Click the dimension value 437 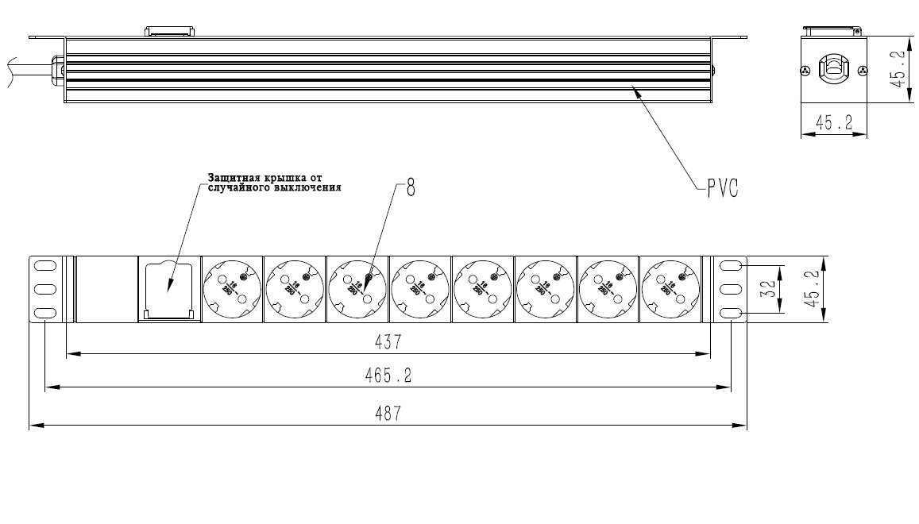pos(388,342)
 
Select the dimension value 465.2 pos(388,376)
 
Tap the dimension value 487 pos(388,414)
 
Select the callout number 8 pos(411,189)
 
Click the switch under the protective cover pos(169,289)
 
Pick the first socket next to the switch pos(232,289)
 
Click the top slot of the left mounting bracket pos(44,265)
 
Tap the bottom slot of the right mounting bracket pos(732,314)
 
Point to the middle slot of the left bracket pos(44,289)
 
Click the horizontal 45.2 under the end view pos(833,123)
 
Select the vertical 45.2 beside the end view pos(897,70)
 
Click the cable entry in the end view pos(833,68)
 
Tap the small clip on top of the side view pos(168,32)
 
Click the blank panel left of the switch pos(106,289)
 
